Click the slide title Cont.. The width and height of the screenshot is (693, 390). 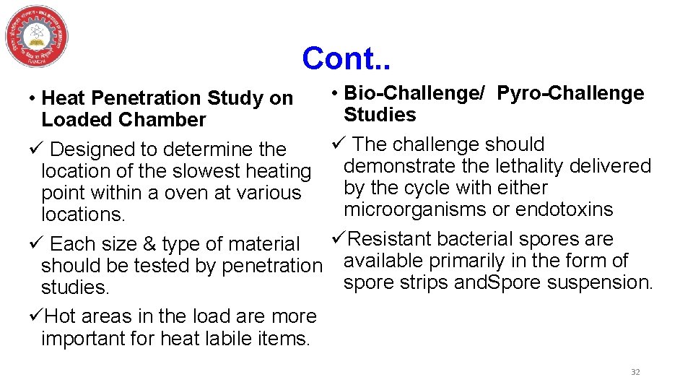click(346, 58)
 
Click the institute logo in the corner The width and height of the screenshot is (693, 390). click(36, 36)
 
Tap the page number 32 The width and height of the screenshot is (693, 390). click(635, 372)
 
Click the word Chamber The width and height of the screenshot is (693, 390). click(165, 120)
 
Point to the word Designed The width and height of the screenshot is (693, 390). click(93, 149)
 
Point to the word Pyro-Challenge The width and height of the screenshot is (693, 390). click(570, 93)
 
